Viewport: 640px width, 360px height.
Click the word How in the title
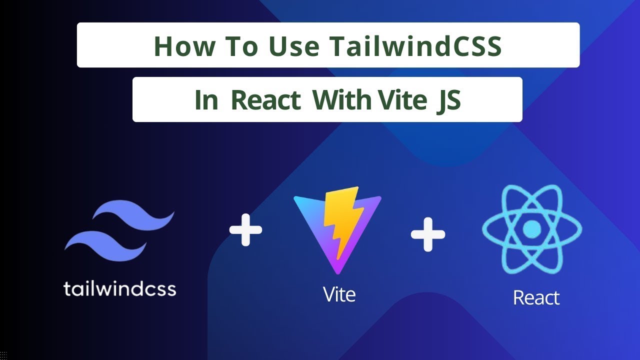pyautogui.click(x=184, y=45)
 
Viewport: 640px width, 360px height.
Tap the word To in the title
pyautogui.click(x=241, y=45)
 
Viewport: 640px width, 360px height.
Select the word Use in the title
pyautogui.click(x=294, y=45)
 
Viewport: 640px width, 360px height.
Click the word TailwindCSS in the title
pyautogui.click(x=415, y=45)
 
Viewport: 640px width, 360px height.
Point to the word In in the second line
pyautogui.click(x=206, y=100)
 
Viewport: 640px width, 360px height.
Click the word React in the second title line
pyautogui.click(x=265, y=100)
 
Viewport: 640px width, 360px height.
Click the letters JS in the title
pyautogui.click(x=448, y=100)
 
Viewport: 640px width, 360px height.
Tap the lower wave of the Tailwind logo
pyautogui.click(x=105, y=244)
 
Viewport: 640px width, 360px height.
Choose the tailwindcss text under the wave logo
pyautogui.click(x=120, y=288)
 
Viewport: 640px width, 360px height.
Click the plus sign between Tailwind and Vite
pyautogui.click(x=245, y=230)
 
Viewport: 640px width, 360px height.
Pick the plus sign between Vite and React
pyautogui.click(x=427, y=233)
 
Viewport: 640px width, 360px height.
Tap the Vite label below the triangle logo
pyautogui.click(x=339, y=294)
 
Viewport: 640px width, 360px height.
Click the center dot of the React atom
pyautogui.click(x=531, y=229)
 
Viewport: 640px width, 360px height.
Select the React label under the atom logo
pyautogui.click(x=536, y=297)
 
